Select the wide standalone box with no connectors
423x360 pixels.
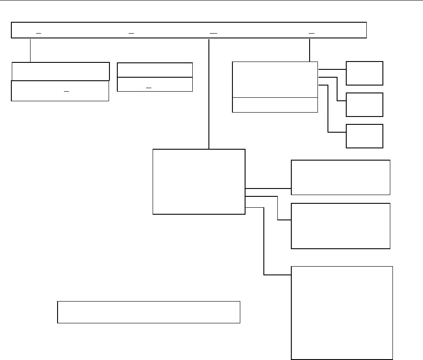[x=149, y=312]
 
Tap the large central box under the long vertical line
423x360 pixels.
[x=199, y=182]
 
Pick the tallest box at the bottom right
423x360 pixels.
[x=342, y=312]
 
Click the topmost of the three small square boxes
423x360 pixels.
[x=365, y=73]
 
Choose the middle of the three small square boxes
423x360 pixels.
[x=365, y=104]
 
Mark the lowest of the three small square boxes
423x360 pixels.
[x=365, y=136]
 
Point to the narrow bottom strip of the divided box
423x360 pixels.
[x=275, y=105]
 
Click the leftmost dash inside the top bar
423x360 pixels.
[x=38, y=33]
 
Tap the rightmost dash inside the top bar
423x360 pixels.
[x=311, y=33]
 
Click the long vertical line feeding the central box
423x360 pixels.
[x=210, y=94]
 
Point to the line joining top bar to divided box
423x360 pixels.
[x=309, y=50]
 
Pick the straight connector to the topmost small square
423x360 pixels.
[x=332, y=69]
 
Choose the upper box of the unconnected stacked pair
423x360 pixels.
[x=155, y=70]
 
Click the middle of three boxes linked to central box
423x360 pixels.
[x=340, y=226]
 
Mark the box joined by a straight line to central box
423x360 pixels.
[x=340, y=177]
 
